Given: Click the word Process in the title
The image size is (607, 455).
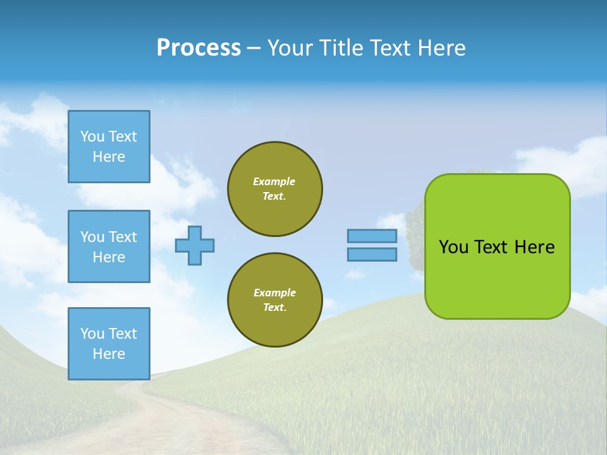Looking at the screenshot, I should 199,48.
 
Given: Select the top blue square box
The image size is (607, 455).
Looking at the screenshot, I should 109,147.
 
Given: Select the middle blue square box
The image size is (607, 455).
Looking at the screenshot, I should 109,246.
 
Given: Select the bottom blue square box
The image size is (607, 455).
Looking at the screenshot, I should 109,344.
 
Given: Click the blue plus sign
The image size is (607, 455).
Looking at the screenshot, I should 195,245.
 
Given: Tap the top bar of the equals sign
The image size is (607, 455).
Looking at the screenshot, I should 372,236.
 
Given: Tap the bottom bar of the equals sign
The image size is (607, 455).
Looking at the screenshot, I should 372,254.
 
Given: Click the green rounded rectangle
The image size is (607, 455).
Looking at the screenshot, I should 498,278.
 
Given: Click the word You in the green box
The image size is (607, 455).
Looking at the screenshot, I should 453,247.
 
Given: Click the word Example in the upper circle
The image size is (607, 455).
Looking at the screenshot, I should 274,181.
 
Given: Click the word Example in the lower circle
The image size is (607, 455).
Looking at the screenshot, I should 274,293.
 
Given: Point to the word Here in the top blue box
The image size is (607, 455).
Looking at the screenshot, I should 109,157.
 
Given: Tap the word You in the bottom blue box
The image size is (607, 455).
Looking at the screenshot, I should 92,334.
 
